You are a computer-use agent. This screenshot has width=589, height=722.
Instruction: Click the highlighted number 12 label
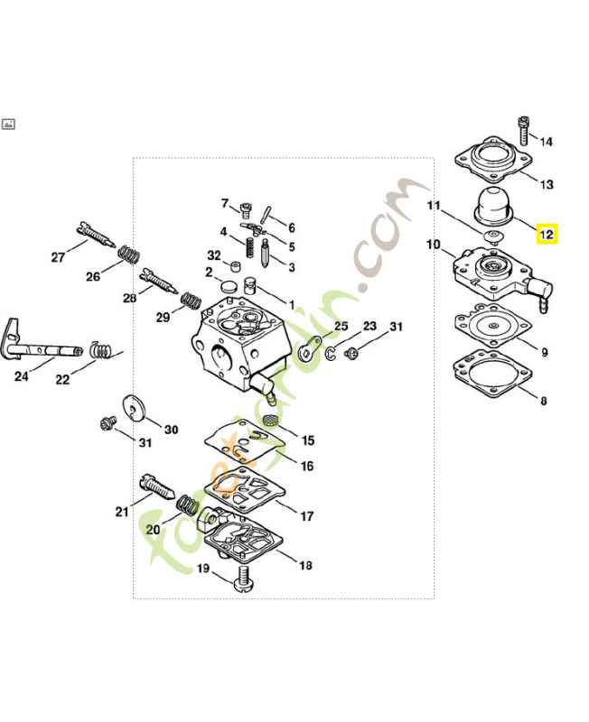[x=546, y=235]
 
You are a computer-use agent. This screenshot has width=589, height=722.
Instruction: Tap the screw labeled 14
[x=523, y=131]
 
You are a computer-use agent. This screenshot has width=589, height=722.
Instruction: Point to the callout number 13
[x=547, y=185]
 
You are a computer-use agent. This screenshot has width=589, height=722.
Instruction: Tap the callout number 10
[x=433, y=245]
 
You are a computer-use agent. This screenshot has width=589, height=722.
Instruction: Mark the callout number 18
[x=305, y=565]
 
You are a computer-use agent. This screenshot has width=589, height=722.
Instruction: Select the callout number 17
[x=307, y=516]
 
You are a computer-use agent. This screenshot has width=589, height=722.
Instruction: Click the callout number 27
[x=58, y=257]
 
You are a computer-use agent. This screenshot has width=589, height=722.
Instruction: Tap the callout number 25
[x=341, y=326]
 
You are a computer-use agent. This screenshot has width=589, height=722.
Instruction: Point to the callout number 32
[x=213, y=255]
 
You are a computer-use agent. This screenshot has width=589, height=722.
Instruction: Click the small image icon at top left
[x=8, y=124]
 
